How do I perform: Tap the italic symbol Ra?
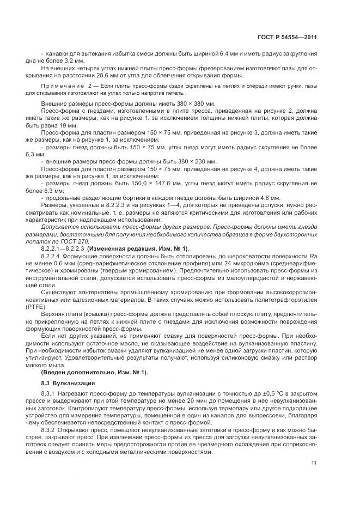[x=314, y=256]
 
